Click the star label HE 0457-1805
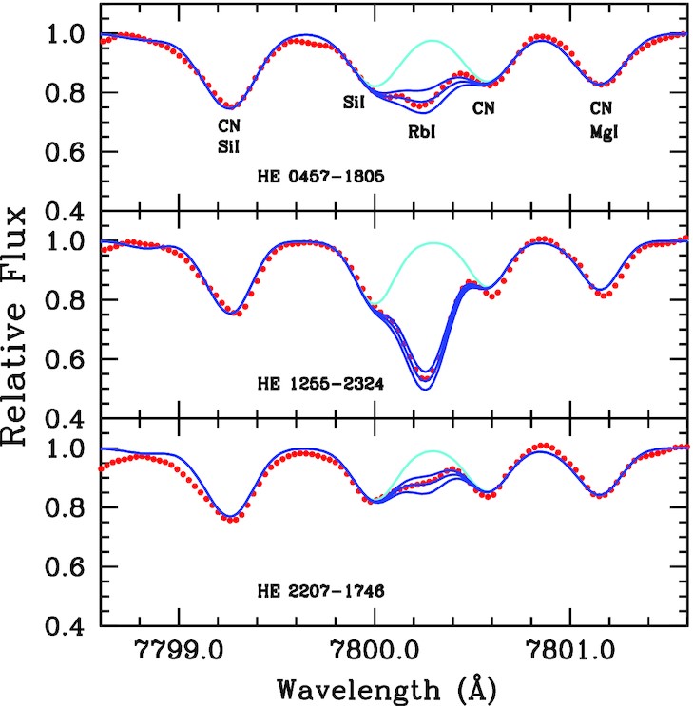pyautogui.click(x=314, y=177)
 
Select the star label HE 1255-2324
pyautogui.click(x=314, y=387)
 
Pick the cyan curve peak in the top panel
pyautogui.click(x=433, y=41)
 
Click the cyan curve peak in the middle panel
pyautogui.click(x=434, y=243)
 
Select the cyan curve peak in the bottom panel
pyautogui.click(x=434, y=451)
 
